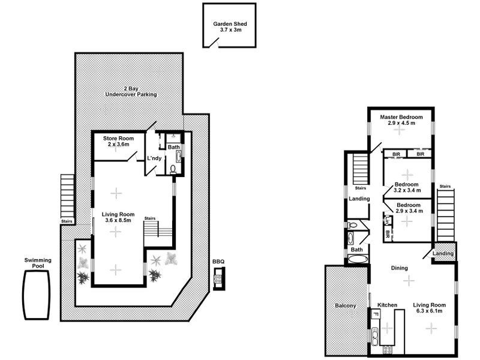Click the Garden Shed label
coord(230,28)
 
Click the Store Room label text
coord(118,142)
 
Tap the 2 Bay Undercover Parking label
coord(131,91)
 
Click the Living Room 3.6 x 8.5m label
coord(117,217)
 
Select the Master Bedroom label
coord(401,119)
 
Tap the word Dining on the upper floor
coord(400,268)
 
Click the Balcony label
coord(346,306)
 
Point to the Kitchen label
coord(387,305)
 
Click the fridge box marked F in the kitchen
coord(376,313)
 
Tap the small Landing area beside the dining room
coord(444,254)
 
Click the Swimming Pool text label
coord(38,263)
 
